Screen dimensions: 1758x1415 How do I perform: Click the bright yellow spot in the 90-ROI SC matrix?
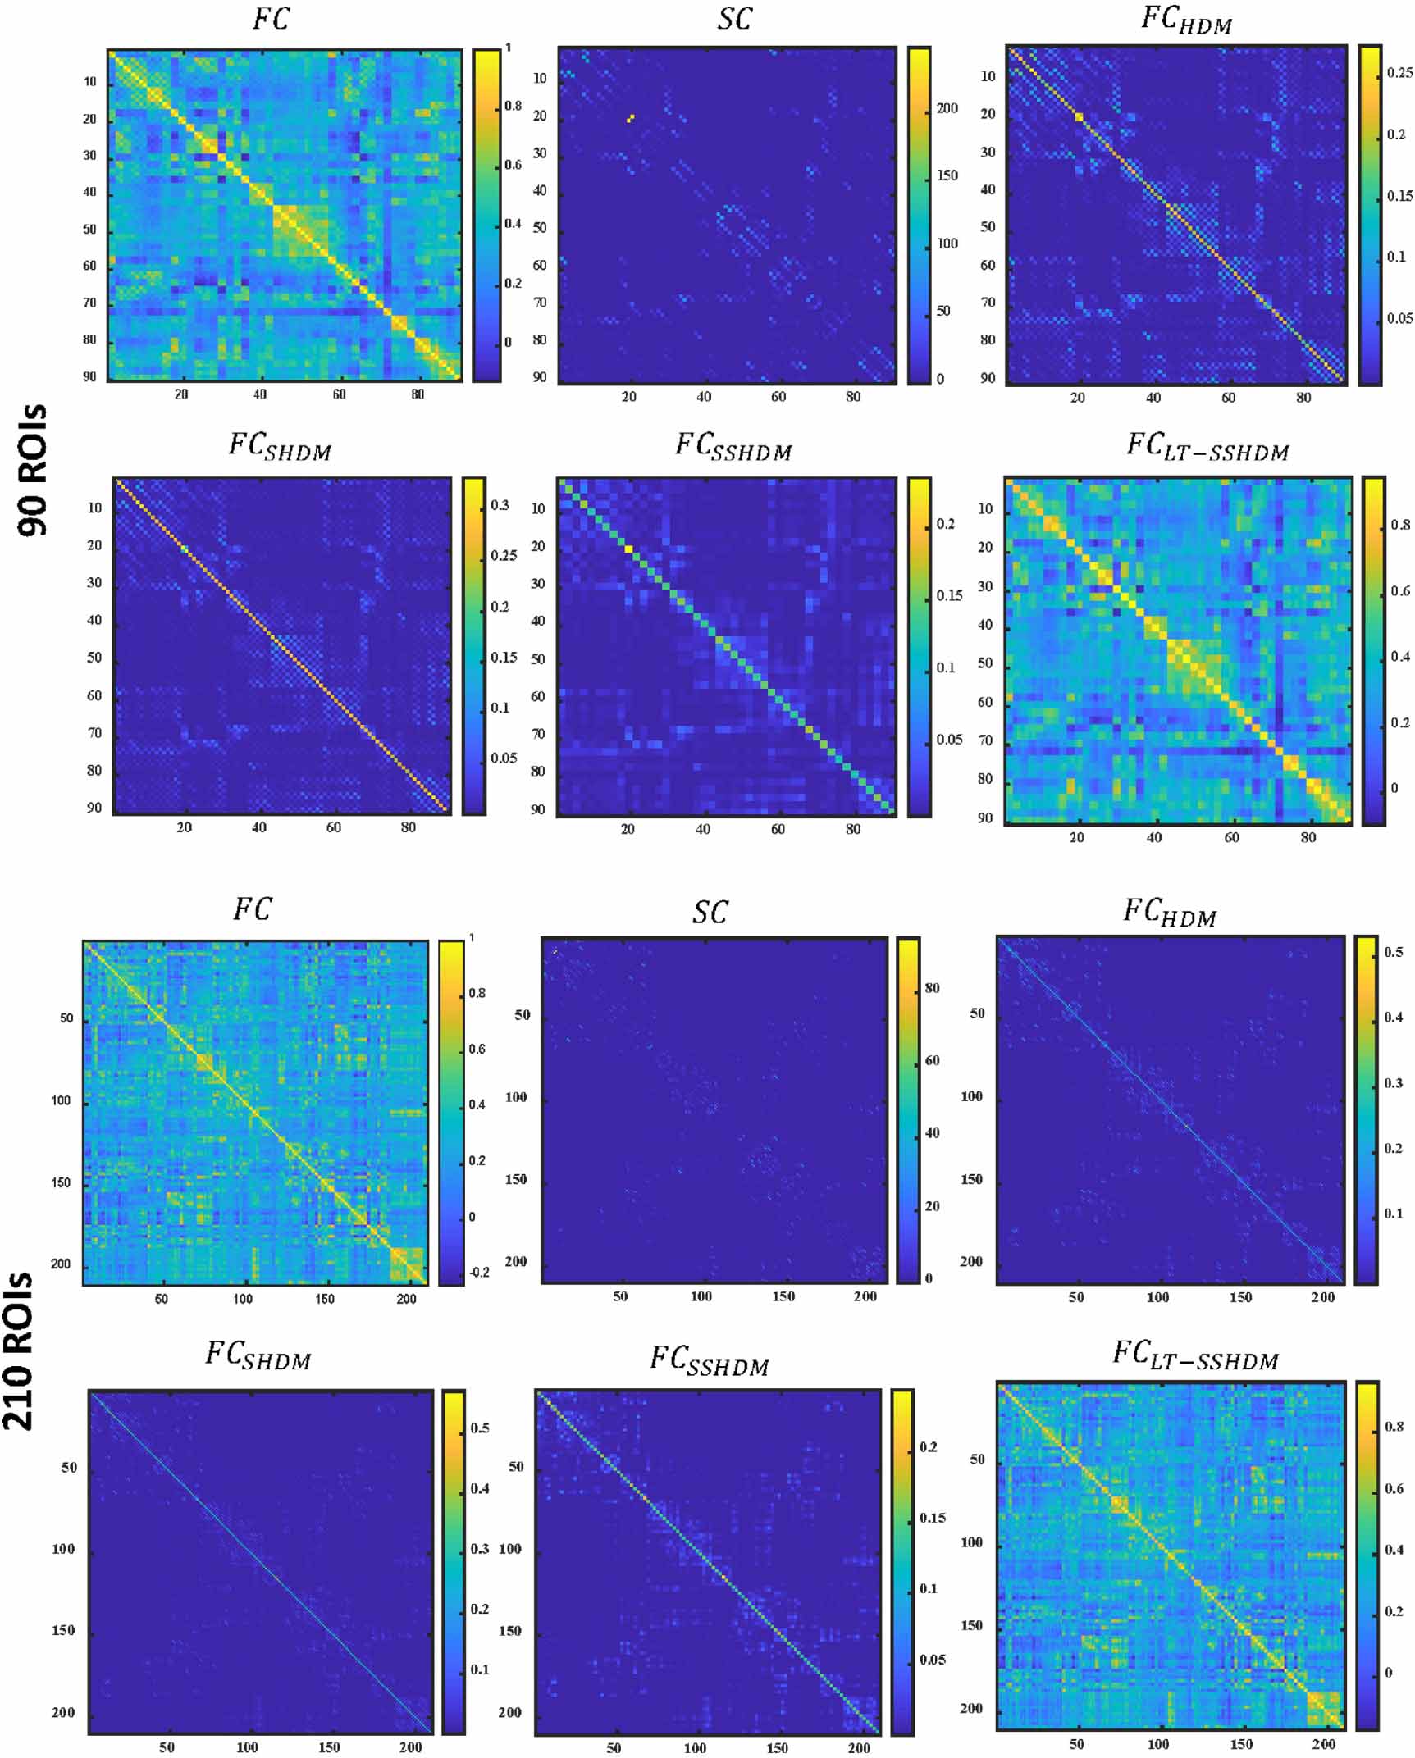[x=630, y=118]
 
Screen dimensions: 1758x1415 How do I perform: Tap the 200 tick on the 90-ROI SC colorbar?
[x=947, y=108]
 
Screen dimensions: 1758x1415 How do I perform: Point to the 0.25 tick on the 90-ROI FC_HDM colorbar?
[x=1399, y=73]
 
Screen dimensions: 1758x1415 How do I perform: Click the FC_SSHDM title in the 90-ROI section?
[x=733, y=447]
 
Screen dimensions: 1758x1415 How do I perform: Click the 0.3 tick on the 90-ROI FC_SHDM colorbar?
[x=500, y=505]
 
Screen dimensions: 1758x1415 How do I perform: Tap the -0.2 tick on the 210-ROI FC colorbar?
[x=478, y=1273]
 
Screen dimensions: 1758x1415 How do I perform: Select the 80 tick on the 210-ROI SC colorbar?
[x=932, y=988]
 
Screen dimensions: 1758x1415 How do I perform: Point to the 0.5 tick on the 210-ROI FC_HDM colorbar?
[x=1393, y=952]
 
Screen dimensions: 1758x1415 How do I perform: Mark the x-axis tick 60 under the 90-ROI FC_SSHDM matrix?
[x=778, y=829]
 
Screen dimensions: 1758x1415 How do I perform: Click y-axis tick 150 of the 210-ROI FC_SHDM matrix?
[x=63, y=1630]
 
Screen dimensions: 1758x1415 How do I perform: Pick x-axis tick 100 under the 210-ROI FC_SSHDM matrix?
[x=695, y=1747]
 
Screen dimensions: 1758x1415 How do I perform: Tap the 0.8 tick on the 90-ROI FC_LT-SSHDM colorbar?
[x=1400, y=525]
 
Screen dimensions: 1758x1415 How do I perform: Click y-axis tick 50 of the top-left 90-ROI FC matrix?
[x=89, y=230]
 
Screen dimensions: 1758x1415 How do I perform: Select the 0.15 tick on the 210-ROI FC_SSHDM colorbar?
[x=932, y=1518]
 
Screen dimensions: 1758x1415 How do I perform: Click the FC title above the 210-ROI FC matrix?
[x=252, y=909]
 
